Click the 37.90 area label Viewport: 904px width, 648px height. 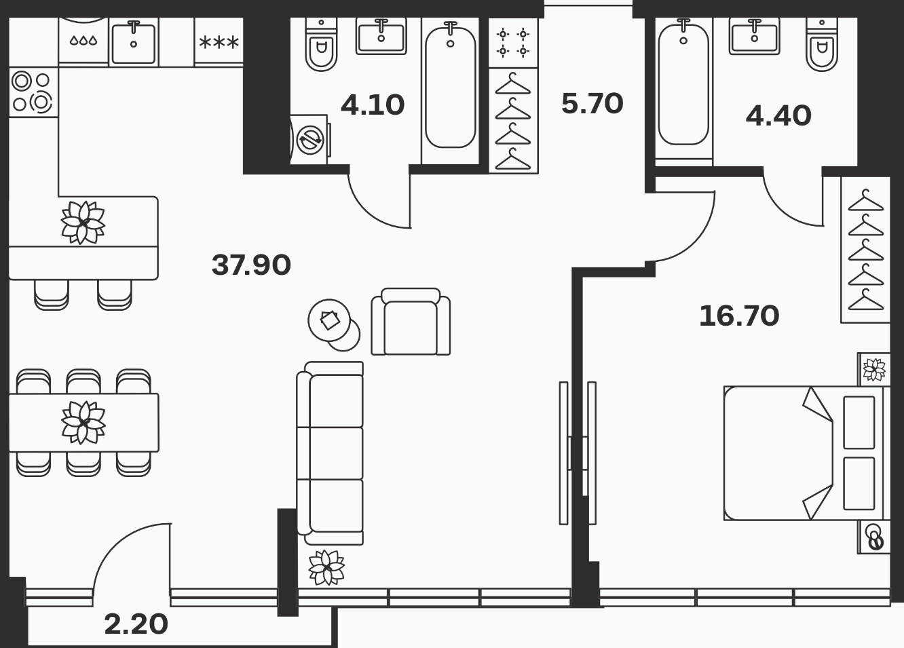tap(251, 265)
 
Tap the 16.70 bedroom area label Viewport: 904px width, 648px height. tap(739, 316)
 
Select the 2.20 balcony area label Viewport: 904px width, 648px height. tap(136, 624)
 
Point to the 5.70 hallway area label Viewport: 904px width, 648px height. tap(592, 103)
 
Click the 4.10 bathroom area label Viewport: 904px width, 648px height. tap(372, 105)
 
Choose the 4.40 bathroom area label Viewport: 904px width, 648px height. tap(778, 116)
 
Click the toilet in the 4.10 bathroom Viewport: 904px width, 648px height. tap(321, 44)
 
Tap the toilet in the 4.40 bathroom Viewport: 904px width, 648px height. tap(822, 44)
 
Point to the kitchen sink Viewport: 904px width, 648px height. tap(134, 43)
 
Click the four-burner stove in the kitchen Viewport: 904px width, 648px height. tap(33, 92)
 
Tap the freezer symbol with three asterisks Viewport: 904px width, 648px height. tap(219, 41)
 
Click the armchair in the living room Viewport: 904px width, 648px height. tap(411, 322)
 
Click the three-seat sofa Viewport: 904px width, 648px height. tap(330, 453)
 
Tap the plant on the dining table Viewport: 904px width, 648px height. tap(83, 423)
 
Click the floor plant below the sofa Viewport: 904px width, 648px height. tap(326, 567)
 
